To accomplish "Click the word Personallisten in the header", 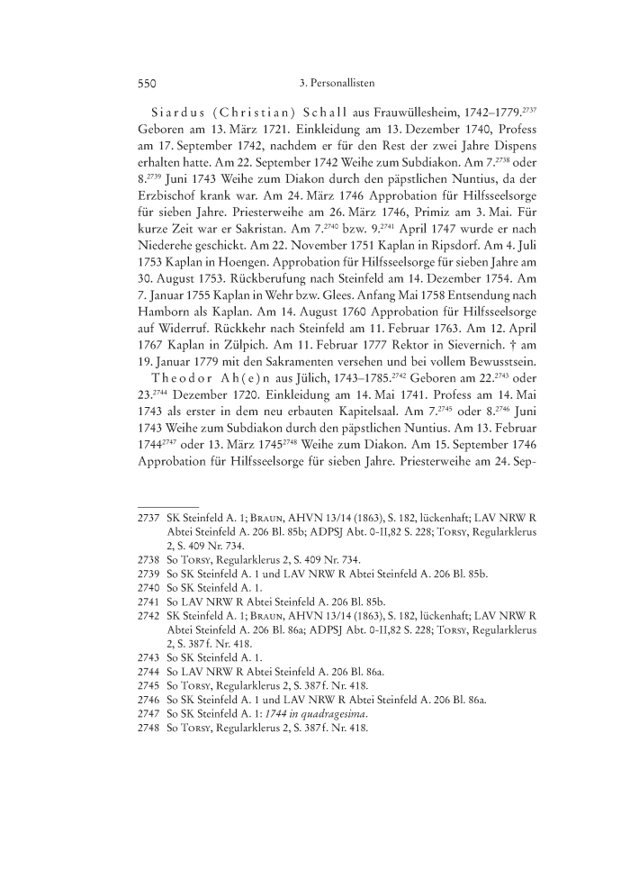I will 338,83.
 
